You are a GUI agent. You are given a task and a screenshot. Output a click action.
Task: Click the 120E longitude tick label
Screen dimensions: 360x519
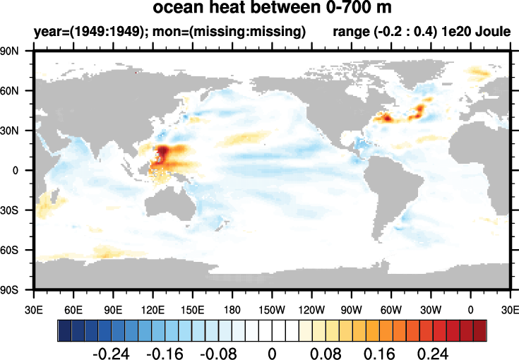pyautogui.click(x=153, y=309)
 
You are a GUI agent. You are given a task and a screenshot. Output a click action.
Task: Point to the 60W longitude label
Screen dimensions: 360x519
pyautogui.click(x=390, y=309)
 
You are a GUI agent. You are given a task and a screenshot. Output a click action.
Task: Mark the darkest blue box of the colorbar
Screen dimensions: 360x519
pyautogui.click(x=64, y=330)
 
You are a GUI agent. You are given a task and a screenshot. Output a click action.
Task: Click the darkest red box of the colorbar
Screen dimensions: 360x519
pyautogui.click(x=480, y=330)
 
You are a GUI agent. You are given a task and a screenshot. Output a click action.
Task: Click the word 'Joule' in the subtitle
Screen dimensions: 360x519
pyautogui.click(x=491, y=32)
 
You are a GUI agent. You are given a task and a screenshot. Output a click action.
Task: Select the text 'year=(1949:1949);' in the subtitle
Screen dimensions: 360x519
pyautogui.click(x=78, y=32)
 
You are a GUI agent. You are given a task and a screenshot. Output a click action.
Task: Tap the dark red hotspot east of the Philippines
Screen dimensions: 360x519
pyautogui.click(x=163, y=154)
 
